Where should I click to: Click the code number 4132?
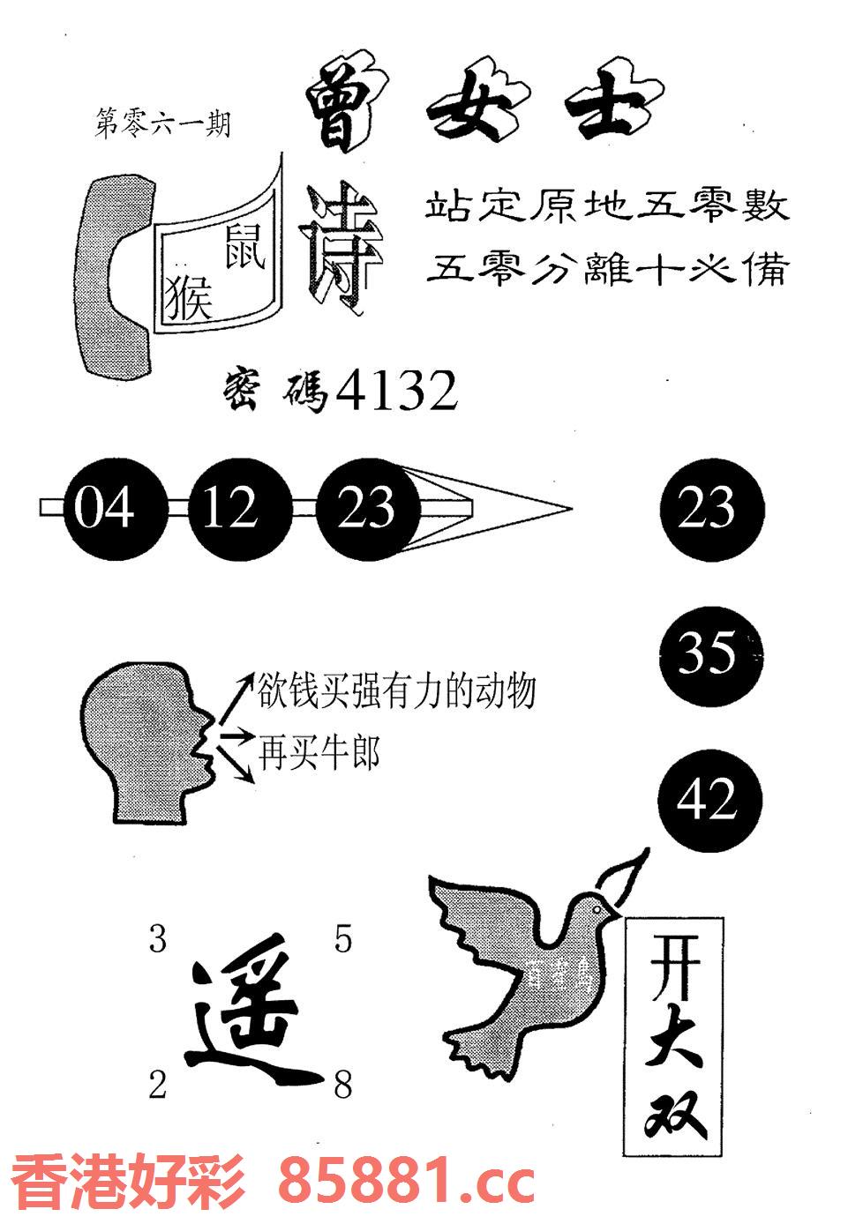[x=397, y=390]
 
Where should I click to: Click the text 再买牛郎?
[x=319, y=754]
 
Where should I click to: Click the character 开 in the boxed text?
[x=674, y=965]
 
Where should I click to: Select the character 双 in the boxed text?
[x=674, y=1111]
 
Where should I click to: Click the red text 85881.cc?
[x=407, y=1183]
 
